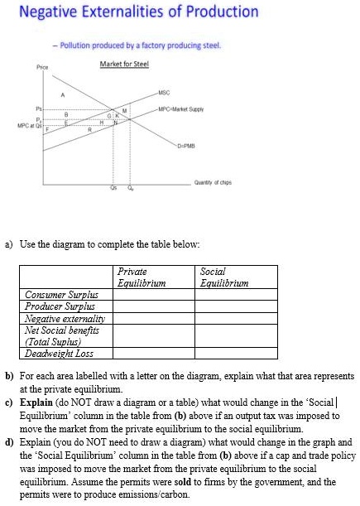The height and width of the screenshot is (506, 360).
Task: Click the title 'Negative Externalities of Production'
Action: [x=138, y=13]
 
